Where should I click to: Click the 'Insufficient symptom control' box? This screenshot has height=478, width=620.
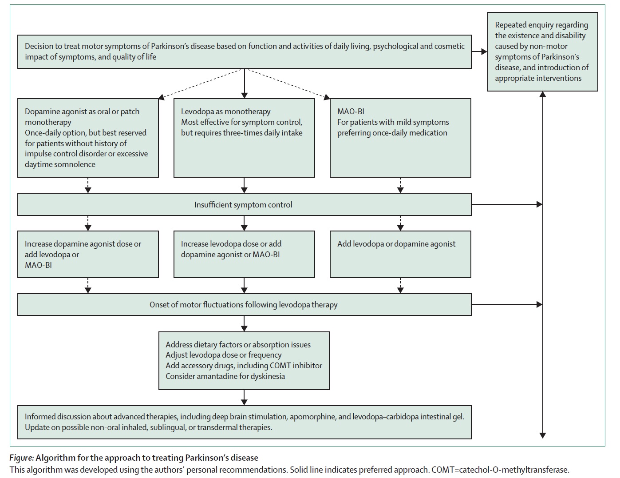tap(244, 204)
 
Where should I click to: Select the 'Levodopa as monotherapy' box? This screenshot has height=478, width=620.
tap(244, 138)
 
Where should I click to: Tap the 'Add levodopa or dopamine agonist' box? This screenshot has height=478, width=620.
tap(400, 254)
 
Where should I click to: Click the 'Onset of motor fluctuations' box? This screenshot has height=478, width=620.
tap(244, 304)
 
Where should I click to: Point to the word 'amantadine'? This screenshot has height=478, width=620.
tap(217, 376)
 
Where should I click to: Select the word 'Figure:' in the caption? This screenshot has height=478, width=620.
tap(22, 458)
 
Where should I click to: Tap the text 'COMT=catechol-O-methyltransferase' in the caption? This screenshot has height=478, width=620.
tap(500, 470)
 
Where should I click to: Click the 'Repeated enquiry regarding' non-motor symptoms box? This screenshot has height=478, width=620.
tap(542, 52)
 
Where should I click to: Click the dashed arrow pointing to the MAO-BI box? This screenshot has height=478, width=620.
tap(287, 84)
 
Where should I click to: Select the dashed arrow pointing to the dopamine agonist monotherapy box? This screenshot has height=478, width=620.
tap(201, 84)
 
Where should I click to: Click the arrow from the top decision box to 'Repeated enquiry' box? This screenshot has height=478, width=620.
tap(479, 52)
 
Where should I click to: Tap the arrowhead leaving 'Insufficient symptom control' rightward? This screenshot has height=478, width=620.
tap(539, 204)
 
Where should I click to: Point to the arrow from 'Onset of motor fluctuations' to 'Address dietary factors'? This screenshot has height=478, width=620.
tap(244, 323)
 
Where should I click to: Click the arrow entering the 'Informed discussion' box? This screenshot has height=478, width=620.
tap(244, 398)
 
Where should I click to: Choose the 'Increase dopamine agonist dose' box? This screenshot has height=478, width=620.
tap(88, 254)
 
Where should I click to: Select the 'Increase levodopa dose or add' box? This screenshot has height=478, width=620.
tap(244, 254)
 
